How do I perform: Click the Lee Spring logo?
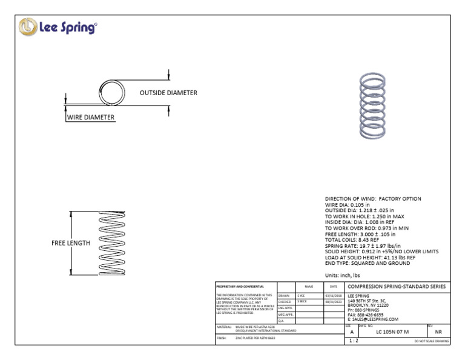coord(58,27)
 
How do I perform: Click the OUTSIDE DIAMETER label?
coord(168,93)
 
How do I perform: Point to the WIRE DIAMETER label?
coord(90,117)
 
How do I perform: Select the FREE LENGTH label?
coord(70,243)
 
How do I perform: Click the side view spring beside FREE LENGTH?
coord(110,242)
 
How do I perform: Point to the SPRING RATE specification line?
coord(364,245)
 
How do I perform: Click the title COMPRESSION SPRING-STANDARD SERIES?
coord(397,286)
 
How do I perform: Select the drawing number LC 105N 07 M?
coord(392,332)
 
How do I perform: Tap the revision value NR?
coord(438,332)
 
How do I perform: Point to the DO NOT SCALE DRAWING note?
coord(431,342)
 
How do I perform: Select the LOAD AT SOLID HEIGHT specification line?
coord(370,257)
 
